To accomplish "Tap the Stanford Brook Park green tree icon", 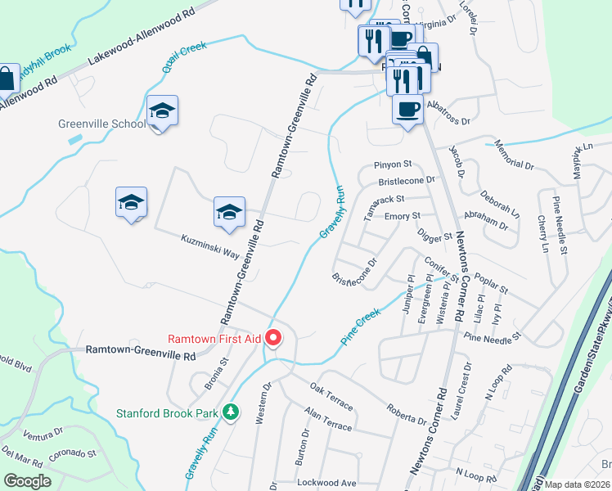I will (x=232, y=412).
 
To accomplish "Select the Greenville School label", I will (x=101, y=124).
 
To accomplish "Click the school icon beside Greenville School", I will (x=162, y=111).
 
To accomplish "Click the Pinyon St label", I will (x=391, y=164).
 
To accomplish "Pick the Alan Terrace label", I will (x=327, y=420).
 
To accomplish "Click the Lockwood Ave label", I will (x=327, y=483).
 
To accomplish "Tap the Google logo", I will (x=28, y=481).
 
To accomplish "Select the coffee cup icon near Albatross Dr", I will (x=407, y=109).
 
